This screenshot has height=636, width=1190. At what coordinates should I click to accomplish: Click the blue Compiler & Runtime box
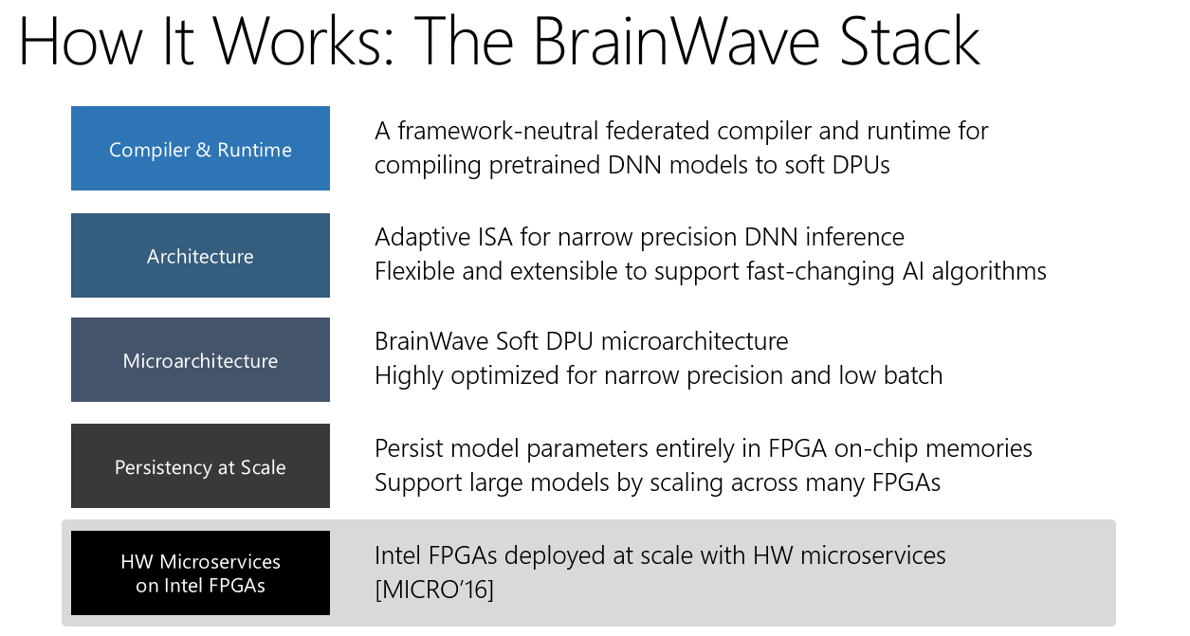click(x=200, y=148)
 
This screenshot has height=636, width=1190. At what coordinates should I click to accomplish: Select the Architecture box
click(x=200, y=255)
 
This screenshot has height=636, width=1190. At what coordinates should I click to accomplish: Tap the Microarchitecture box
click(x=200, y=359)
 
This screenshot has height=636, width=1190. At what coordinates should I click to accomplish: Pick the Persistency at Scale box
click(x=200, y=465)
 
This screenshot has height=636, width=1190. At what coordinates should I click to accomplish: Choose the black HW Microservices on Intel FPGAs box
click(x=200, y=572)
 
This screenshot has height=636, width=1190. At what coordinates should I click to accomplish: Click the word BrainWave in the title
click(x=676, y=42)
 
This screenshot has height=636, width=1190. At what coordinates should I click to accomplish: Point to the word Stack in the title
click(x=909, y=42)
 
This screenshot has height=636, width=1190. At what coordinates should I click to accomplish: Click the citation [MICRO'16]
click(x=434, y=590)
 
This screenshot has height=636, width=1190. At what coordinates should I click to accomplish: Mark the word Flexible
click(x=414, y=271)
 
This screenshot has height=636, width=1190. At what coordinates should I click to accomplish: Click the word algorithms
click(x=989, y=272)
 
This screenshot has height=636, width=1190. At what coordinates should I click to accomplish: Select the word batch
click(x=913, y=375)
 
